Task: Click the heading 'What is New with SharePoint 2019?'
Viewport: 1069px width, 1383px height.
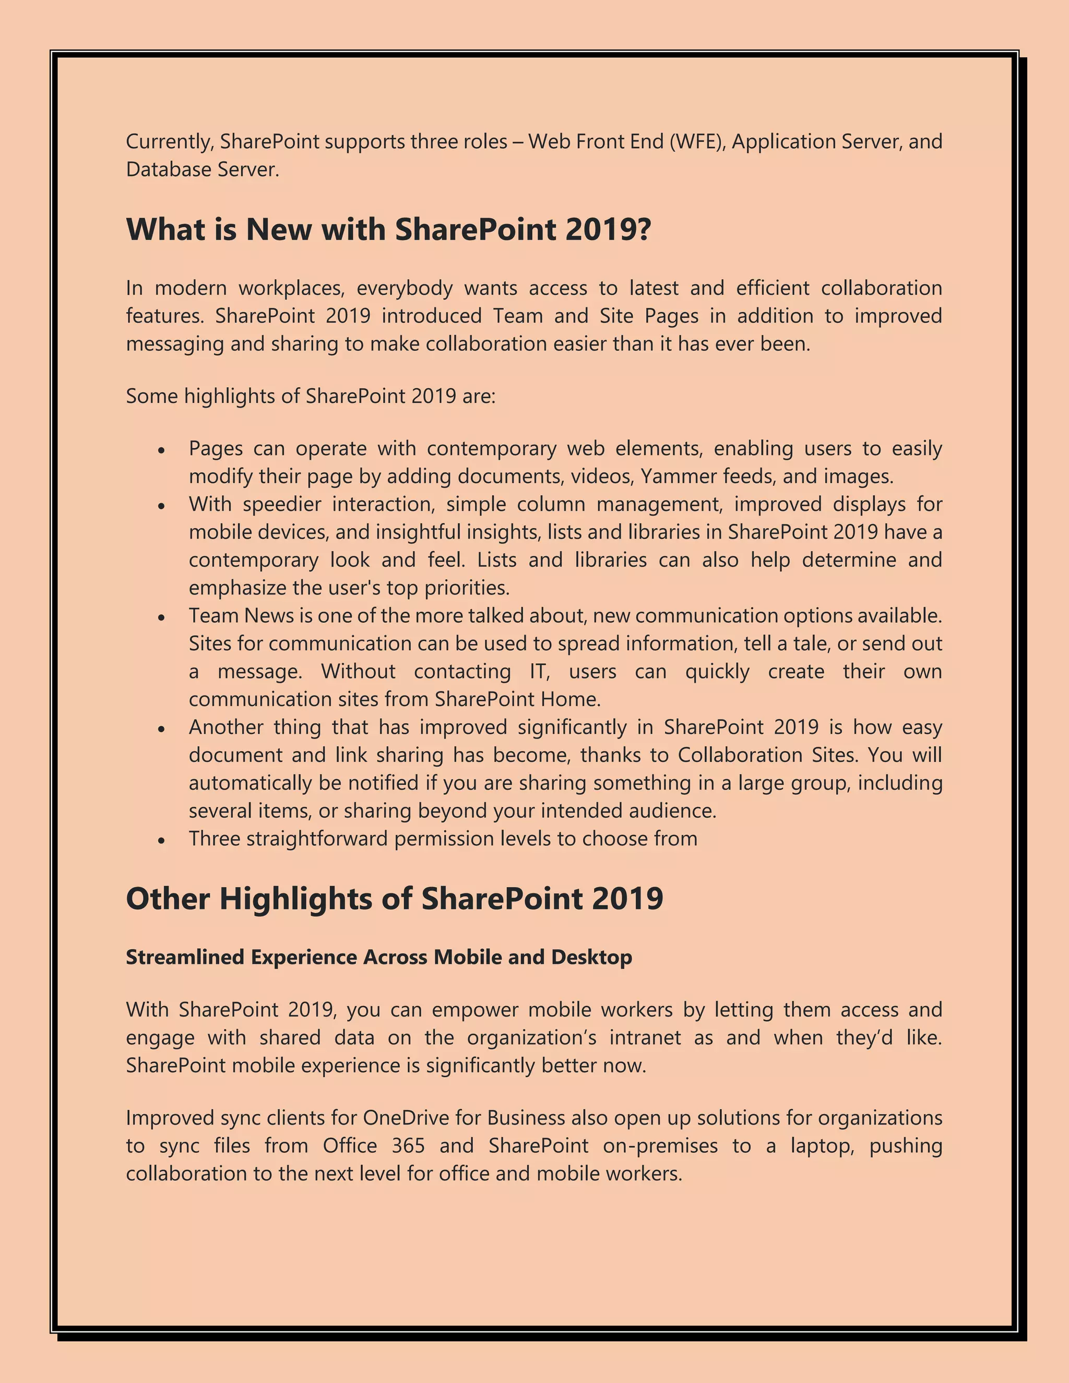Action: point(388,229)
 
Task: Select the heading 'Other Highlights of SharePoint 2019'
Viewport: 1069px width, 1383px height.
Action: point(394,899)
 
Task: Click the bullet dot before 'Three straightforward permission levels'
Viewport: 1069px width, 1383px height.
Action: point(161,840)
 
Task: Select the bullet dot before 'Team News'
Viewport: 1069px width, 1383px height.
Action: point(161,617)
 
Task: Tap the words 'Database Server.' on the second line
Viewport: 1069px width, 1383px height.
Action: point(202,170)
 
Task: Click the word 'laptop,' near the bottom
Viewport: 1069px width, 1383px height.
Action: point(822,1146)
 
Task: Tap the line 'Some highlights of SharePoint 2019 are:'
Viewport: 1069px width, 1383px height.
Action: point(311,397)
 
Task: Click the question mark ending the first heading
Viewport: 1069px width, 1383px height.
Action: point(644,229)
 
